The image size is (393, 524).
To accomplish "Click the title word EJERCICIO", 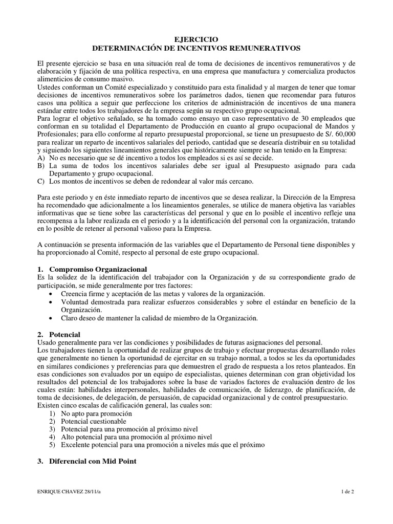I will (196, 39).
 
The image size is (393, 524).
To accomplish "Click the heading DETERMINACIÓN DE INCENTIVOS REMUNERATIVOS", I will (196, 48).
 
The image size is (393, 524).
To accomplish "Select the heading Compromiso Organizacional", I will (98, 269).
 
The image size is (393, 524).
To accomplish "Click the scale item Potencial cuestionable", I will (94, 421).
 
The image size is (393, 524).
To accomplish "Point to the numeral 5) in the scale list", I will (53, 445).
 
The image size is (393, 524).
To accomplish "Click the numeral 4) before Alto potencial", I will (53, 437).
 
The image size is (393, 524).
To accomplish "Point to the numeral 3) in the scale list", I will (53, 429).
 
